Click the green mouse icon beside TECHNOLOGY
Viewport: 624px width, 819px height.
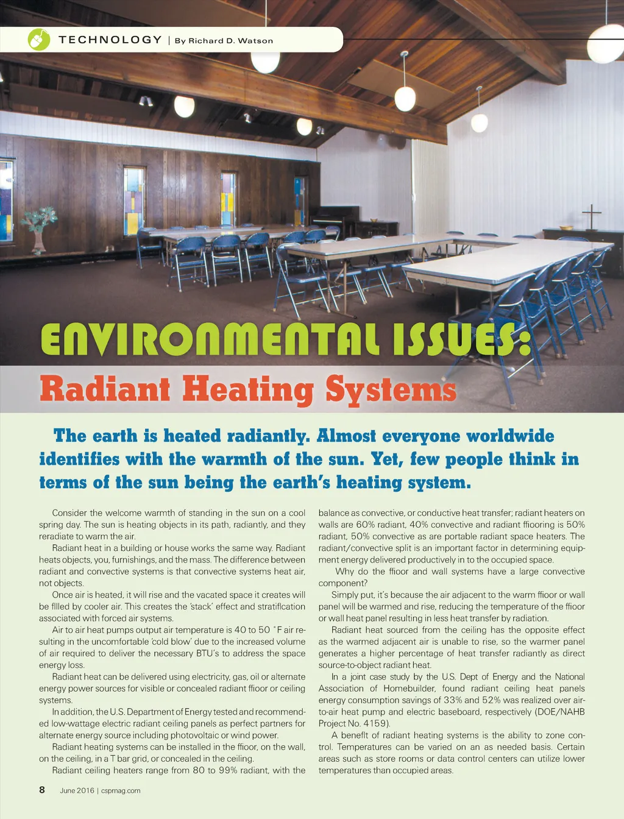pyautogui.click(x=39, y=40)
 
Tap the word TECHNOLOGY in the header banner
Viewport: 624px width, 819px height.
pyautogui.click(x=110, y=40)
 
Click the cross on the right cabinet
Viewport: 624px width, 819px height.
pyautogui.click(x=591, y=216)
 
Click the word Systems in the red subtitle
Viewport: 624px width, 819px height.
pyautogui.click(x=391, y=389)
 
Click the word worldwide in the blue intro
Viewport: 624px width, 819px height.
pyautogui.click(x=510, y=436)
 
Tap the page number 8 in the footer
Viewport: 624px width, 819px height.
pyautogui.click(x=42, y=790)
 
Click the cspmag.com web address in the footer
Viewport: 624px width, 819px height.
pyautogui.click(x=121, y=791)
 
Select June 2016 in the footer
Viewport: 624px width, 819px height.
pyautogui.click(x=77, y=791)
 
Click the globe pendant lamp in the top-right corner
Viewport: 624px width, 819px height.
pyautogui.click(x=605, y=44)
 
